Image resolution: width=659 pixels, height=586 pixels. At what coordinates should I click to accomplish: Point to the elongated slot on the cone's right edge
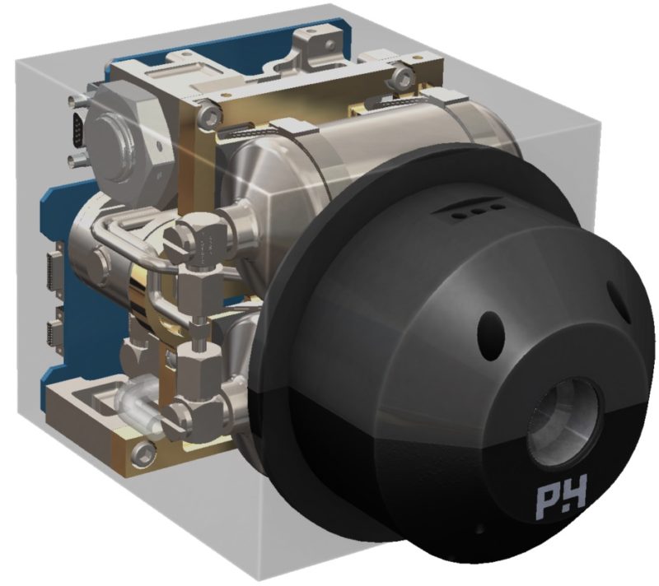coord(619,301)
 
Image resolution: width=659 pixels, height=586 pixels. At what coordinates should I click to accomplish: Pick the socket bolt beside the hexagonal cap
coord(209,113)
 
